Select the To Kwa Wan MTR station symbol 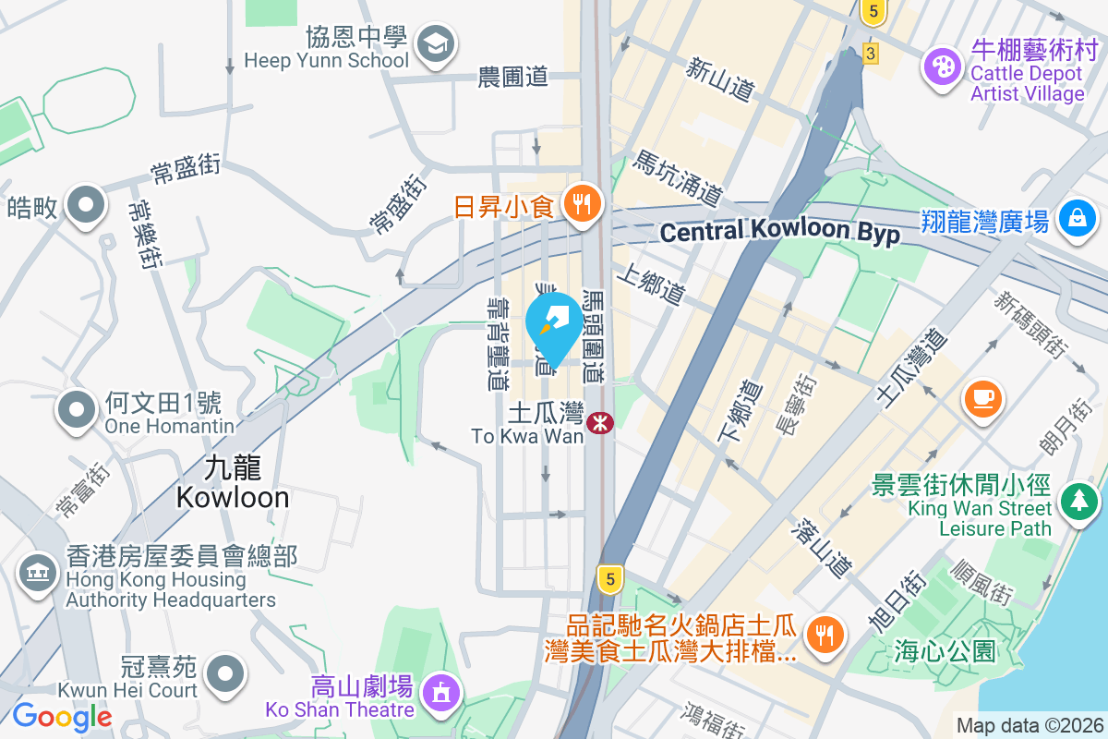(x=601, y=423)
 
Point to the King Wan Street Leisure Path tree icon (x=1078, y=502)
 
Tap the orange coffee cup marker (x=982, y=399)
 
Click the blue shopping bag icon (x=1078, y=218)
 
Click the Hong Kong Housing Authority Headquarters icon (x=38, y=573)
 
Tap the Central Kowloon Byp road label (x=780, y=233)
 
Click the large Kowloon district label (x=233, y=484)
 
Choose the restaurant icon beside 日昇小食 (x=582, y=203)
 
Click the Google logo (x=62, y=715)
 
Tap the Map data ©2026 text (x=1029, y=726)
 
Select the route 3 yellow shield (x=870, y=54)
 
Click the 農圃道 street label (x=513, y=78)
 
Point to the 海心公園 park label (x=945, y=650)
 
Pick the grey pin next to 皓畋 (x=86, y=206)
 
